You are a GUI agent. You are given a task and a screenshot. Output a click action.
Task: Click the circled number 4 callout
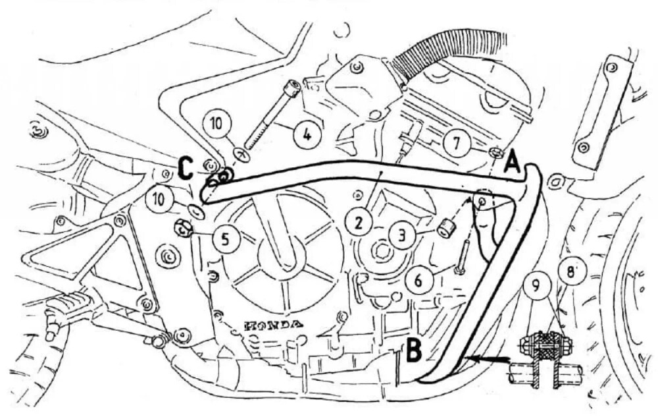click(308, 136)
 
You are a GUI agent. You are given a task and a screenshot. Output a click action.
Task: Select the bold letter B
click(414, 350)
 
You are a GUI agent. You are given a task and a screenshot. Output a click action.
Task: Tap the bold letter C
click(185, 168)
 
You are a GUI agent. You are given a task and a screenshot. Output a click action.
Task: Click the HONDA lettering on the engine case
click(273, 324)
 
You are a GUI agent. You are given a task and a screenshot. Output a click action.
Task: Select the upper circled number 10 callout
click(216, 125)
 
